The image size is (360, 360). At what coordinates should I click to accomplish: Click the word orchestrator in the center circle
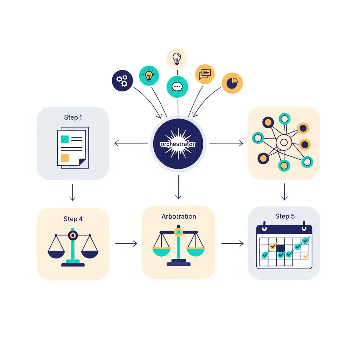coord(178,144)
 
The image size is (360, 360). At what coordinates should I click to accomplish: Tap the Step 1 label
coord(73,117)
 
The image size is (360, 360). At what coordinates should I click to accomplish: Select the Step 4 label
coord(73,219)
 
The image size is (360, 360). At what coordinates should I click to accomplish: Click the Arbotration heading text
coord(179,216)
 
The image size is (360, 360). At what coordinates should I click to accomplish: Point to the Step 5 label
coord(285,216)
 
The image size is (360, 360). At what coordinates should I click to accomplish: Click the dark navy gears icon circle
coord(122,81)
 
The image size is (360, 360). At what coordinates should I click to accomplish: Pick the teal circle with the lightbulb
coord(149,76)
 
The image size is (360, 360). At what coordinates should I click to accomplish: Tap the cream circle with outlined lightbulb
coord(177,59)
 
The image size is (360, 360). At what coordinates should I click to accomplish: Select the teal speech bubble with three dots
coord(177,87)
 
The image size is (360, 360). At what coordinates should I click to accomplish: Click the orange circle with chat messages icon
coord(205,74)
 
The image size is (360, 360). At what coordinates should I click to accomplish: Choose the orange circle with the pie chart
coord(232,83)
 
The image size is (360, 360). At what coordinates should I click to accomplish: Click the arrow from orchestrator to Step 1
coord(131,143)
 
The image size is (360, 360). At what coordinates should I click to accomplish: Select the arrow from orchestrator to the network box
coord(226,143)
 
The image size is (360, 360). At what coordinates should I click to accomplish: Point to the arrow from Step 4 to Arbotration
coord(126,243)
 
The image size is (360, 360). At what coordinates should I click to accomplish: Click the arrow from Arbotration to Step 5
coord(232,243)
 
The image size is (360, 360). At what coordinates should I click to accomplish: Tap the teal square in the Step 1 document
coord(65,139)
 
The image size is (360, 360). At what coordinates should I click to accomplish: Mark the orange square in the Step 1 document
coord(65,158)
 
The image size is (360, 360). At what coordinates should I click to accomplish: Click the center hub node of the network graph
coord(284,143)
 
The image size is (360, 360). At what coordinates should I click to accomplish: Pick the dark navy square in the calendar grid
coord(281,248)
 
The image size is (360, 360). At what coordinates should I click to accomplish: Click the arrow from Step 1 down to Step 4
coord(72,192)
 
